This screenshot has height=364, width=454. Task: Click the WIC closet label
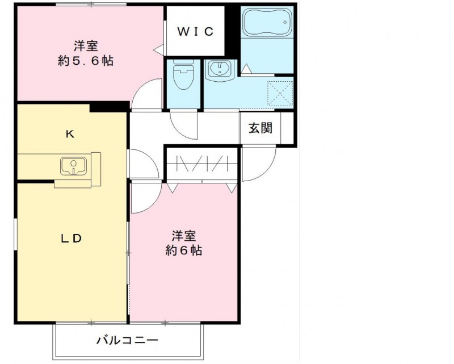pyautogui.click(x=195, y=32)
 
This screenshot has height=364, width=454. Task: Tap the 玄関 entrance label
pyautogui.click(x=260, y=128)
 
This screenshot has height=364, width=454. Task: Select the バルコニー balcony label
pyautogui.click(x=127, y=341)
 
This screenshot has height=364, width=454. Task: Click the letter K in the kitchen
pyautogui.click(x=70, y=134)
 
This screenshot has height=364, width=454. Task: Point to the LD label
pyautogui.click(x=72, y=239)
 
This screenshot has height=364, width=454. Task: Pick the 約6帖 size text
pyautogui.click(x=184, y=250)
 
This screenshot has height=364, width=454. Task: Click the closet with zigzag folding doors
pyautogui.click(x=203, y=164)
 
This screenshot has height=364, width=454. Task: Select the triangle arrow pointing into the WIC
pyautogui.click(x=158, y=50)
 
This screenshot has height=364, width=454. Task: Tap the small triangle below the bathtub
pyautogui.click(x=246, y=68)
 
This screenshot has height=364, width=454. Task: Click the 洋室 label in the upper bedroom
pyautogui.click(x=85, y=45)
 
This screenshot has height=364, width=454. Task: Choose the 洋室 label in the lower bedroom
pyautogui.click(x=184, y=235)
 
